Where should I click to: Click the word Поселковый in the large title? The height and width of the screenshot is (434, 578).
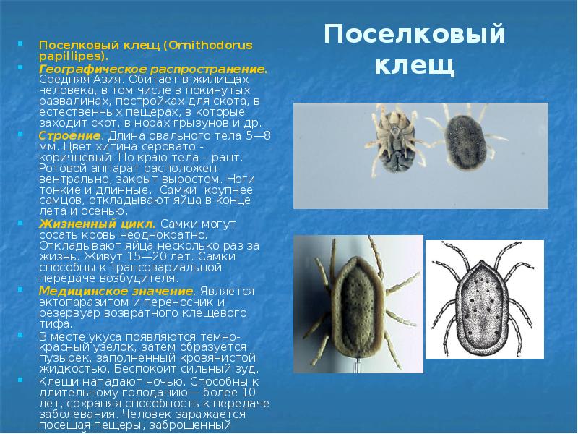(414, 35)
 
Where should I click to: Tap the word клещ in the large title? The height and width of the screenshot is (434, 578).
(415, 66)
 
